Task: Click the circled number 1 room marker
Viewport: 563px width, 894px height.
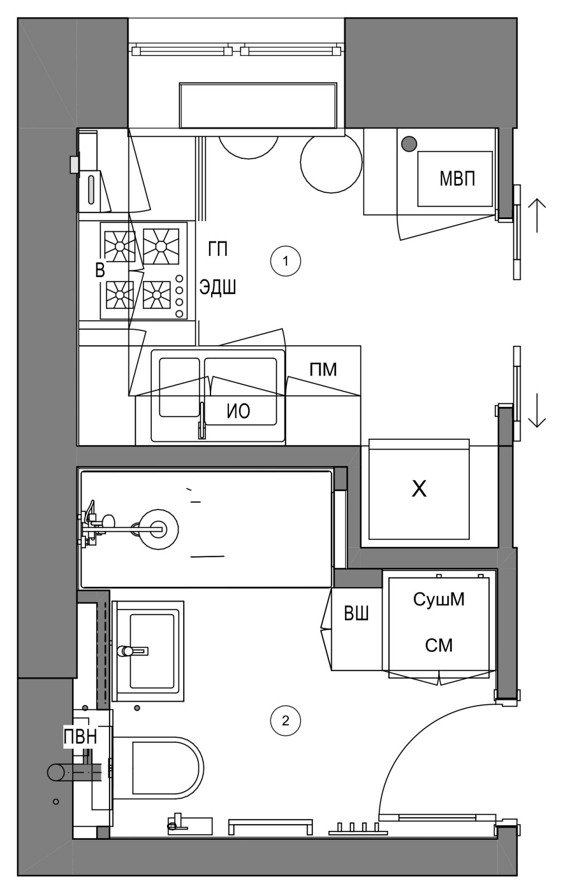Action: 285,261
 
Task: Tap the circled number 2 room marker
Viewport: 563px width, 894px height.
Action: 285,721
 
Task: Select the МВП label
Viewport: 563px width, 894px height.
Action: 457,178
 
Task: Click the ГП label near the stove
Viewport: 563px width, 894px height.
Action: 218,249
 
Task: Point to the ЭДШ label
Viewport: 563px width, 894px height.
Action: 218,287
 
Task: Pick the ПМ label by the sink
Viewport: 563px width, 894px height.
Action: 323,369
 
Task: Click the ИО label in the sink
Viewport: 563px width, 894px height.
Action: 238,411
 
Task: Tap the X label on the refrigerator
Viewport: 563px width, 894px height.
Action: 419,488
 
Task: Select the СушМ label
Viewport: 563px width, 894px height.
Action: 439,599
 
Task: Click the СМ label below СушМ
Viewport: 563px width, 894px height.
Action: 439,645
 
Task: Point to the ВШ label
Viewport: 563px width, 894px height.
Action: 356,614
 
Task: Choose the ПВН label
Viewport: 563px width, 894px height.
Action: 80,736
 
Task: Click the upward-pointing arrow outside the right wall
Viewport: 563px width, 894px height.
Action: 537,216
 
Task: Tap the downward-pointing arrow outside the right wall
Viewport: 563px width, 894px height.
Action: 537,411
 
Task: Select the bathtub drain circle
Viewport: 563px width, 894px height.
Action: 159,529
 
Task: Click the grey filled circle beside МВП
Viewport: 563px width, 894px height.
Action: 409,144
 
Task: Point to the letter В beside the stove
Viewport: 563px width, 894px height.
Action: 100,270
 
